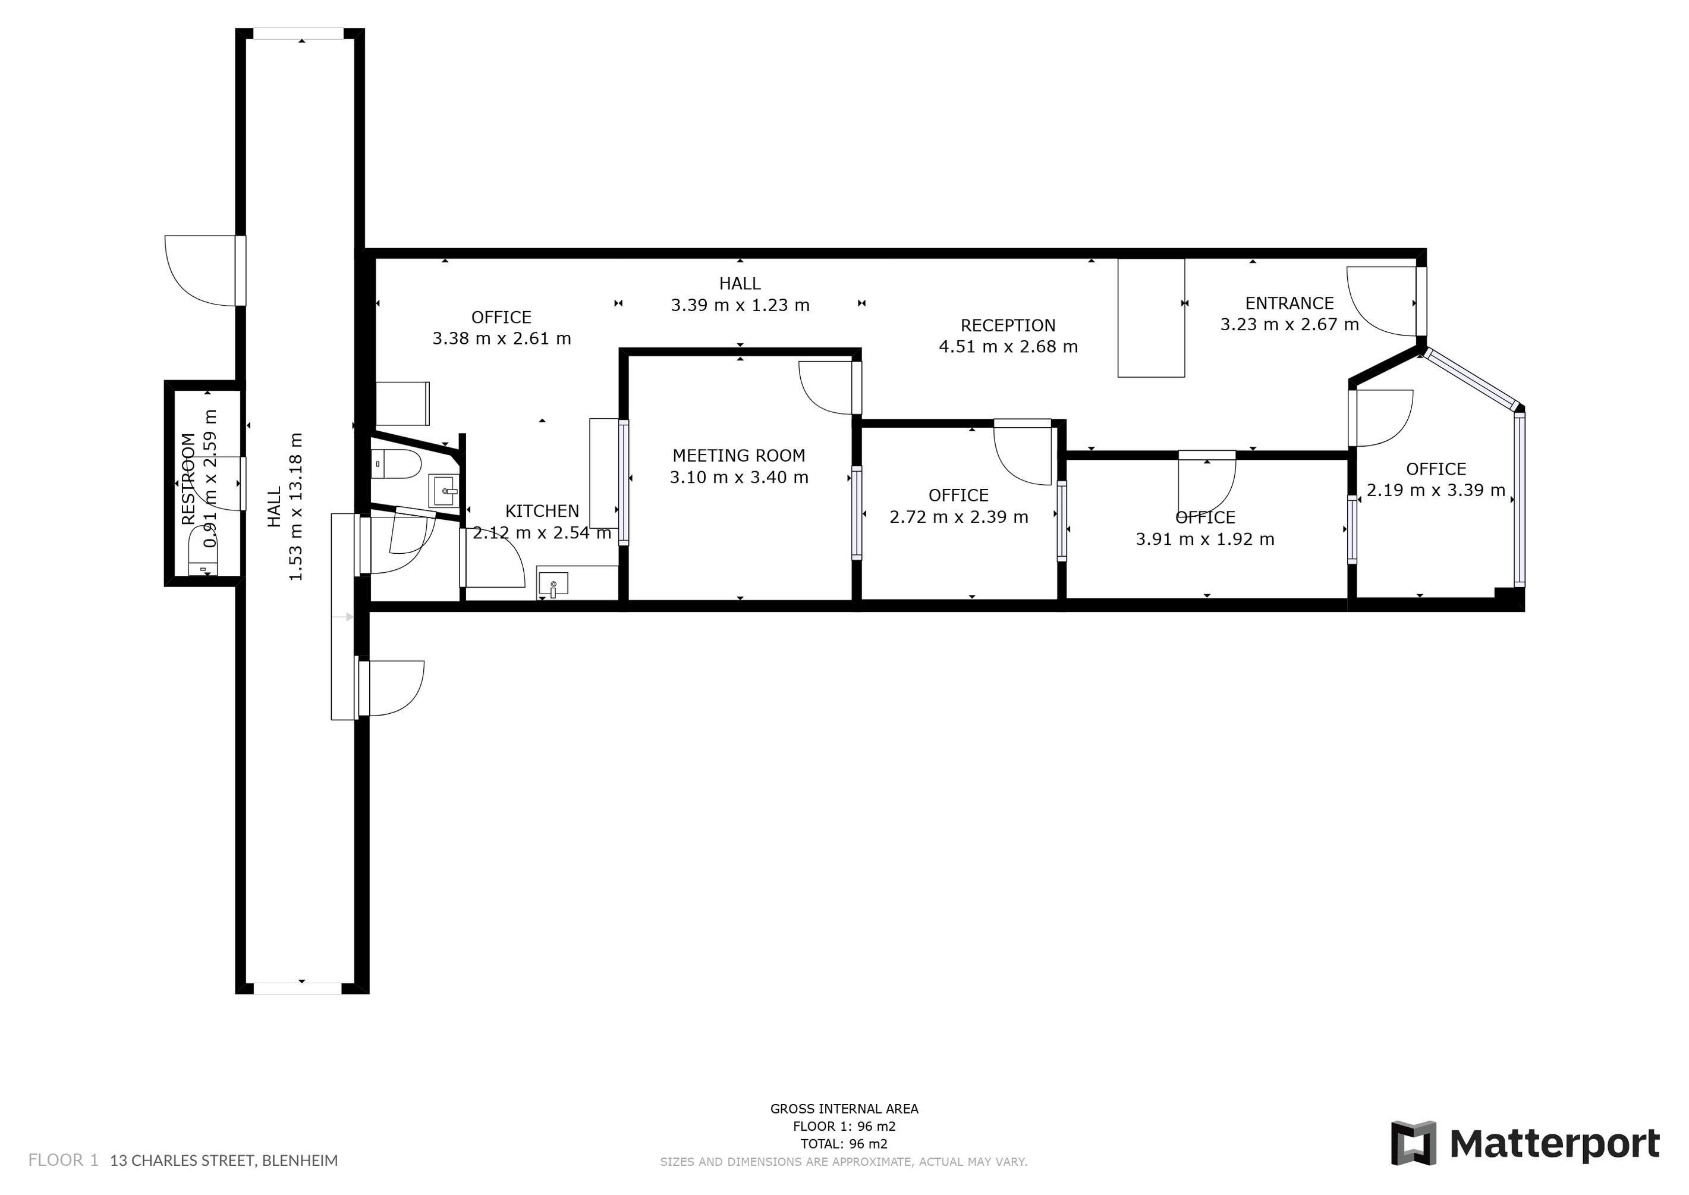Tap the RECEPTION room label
tap(1008, 325)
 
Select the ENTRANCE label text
tap(1289, 303)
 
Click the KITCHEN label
tap(542, 511)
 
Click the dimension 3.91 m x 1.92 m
tap(1205, 540)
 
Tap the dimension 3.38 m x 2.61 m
tap(501, 338)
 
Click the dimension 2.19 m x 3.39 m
tap(1436, 490)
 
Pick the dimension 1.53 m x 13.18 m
tap(295, 506)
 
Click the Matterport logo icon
tap(1413, 1143)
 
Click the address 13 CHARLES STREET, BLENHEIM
tap(224, 1161)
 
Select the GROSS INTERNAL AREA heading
tap(844, 1108)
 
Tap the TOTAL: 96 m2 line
tap(844, 1143)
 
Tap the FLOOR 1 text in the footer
tap(63, 1161)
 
